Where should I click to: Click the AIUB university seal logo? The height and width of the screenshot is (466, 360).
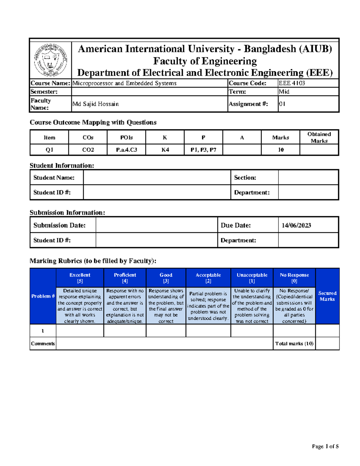[x=50, y=60]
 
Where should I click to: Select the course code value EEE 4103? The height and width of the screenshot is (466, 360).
[x=292, y=83]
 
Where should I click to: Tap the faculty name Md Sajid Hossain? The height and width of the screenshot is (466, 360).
[x=95, y=104]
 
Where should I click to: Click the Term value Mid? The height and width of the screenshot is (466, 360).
[x=284, y=92]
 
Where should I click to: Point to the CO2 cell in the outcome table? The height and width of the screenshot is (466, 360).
[x=88, y=150]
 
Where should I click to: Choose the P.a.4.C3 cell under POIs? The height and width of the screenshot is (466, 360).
[x=126, y=150]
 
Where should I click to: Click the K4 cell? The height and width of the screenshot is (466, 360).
[x=165, y=150]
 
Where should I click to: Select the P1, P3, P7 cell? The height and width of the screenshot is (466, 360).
[x=203, y=150]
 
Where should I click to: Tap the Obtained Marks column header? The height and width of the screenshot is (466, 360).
[x=319, y=137]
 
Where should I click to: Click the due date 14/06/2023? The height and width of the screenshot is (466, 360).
[x=296, y=225]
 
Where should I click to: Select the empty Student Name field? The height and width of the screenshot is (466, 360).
[x=157, y=177]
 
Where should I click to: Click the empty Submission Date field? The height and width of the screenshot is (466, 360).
[x=156, y=225]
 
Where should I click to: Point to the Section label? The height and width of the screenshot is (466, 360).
[x=245, y=178]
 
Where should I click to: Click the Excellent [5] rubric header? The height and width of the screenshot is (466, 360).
[x=80, y=278]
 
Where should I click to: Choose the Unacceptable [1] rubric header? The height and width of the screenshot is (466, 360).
[x=252, y=278]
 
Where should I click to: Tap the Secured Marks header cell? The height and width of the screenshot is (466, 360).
[x=327, y=296]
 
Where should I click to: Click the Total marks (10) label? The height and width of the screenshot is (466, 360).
[x=294, y=344]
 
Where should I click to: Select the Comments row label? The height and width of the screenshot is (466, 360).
[x=43, y=344]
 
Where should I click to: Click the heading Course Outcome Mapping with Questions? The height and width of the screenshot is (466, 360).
[x=93, y=122]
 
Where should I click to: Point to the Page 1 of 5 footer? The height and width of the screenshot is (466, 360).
[x=325, y=446]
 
